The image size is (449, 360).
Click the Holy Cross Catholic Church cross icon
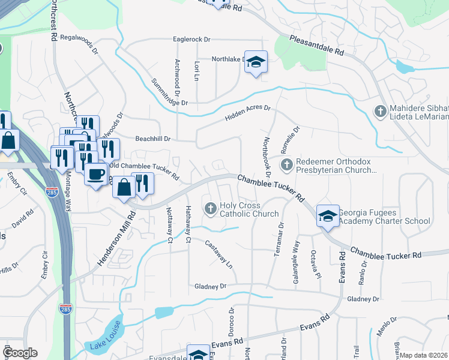click(x=210, y=209)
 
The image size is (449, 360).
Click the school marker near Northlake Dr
click(x=256, y=62)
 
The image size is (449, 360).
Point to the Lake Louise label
click(x=106, y=337)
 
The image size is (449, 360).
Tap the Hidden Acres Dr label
click(x=248, y=112)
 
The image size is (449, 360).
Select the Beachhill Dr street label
click(x=153, y=139)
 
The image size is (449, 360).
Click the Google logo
click(x=20, y=353)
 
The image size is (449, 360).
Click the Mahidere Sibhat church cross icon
click(x=379, y=111)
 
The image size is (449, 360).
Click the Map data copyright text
click(x=423, y=355)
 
